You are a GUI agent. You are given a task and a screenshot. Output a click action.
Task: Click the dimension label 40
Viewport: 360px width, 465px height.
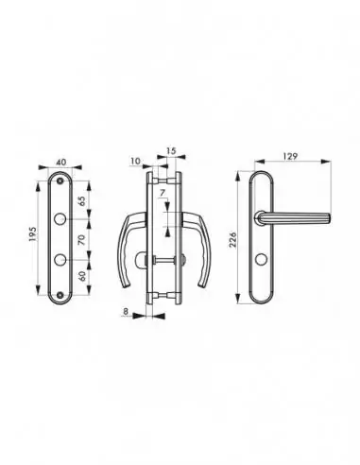[x=61, y=163]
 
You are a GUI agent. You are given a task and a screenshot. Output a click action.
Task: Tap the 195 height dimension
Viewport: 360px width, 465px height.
[x=33, y=234]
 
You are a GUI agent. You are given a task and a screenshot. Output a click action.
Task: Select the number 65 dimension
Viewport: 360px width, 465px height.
[x=81, y=201]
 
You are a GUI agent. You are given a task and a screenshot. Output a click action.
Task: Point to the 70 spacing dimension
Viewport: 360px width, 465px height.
[x=81, y=240]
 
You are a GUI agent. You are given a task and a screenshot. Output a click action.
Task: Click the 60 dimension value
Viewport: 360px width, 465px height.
[x=82, y=276]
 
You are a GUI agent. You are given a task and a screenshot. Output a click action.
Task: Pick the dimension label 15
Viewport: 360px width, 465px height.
[x=171, y=151]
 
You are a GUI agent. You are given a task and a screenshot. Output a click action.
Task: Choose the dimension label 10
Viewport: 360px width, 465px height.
[x=135, y=161]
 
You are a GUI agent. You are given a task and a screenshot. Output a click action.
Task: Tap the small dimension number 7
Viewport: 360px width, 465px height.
[x=163, y=193]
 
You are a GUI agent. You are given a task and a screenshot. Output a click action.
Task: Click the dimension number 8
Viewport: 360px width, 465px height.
[x=126, y=311]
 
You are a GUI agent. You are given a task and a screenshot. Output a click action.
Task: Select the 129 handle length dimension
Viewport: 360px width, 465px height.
[x=290, y=156]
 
